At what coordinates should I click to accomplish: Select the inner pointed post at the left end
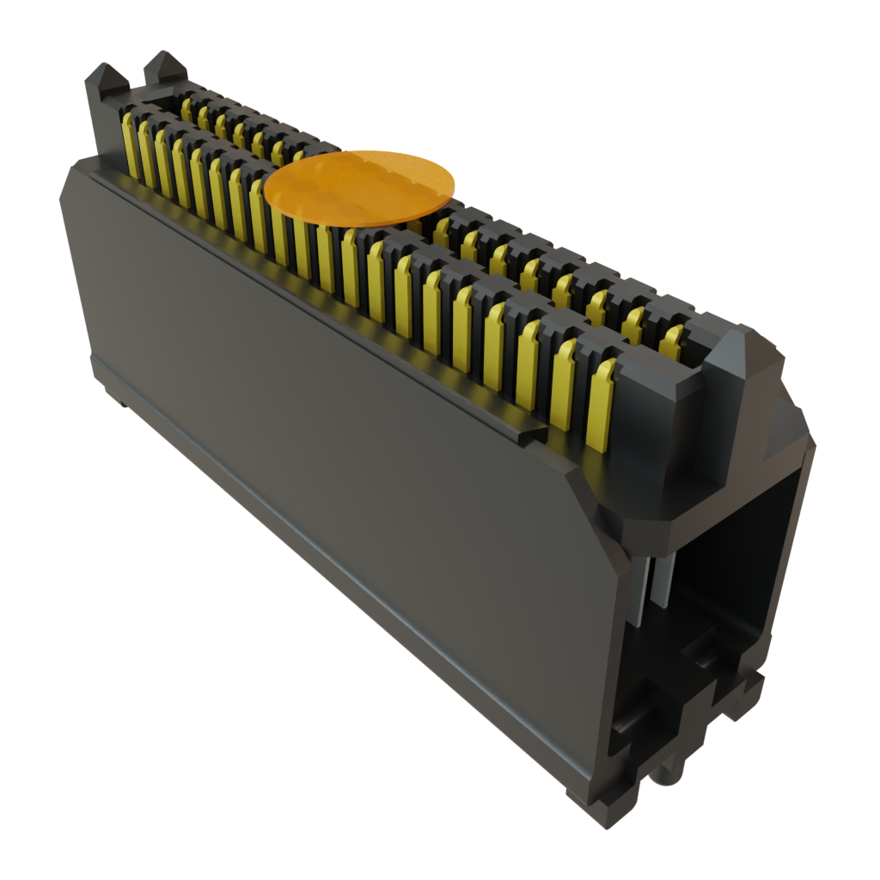tap(162, 70)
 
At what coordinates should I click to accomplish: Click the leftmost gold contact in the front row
tap(131, 146)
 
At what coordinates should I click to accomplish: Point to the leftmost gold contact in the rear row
tap(186, 108)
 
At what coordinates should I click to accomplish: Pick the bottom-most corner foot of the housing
tap(602, 812)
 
